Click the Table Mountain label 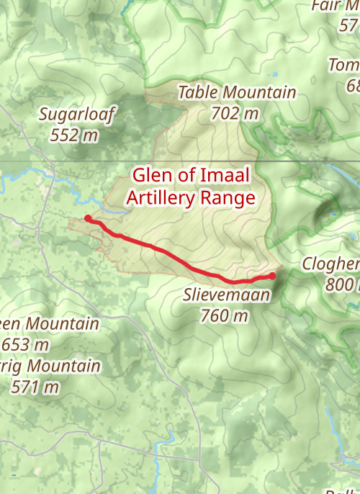coord(237,92)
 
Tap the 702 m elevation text coord(235,113)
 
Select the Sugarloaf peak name coord(77,114)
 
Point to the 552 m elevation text coord(75,135)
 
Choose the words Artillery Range coord(191,197)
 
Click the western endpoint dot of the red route coord(88,218)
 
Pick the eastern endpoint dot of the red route coord(273,275)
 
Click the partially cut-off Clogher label coord(330,264)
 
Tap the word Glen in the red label coord(149,176)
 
